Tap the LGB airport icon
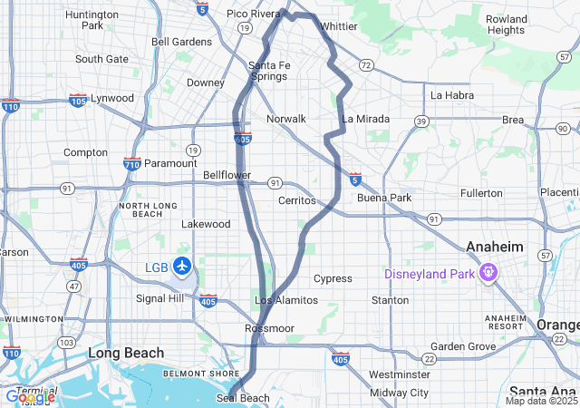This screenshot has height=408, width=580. coord(183,267)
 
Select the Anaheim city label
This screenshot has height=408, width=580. coord(495,247)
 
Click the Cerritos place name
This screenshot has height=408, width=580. coord(296,199)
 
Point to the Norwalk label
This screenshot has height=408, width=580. coord(286,119)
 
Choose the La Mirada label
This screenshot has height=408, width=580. coord(366,119)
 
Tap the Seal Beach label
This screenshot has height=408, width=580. coord(243,398)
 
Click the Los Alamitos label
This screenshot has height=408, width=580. coord(286,300)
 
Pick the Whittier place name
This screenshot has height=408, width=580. coord(339,26)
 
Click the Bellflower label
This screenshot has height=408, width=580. coord(227,174)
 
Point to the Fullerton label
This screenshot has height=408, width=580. coord(481,193)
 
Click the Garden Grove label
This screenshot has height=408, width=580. coord(463,346)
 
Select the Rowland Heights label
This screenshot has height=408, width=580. coord(506,24)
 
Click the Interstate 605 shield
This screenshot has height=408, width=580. coord(242,138)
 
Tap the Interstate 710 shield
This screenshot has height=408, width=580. coord(131,164)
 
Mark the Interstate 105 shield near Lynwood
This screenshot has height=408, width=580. coord(78,99)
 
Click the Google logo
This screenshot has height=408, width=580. coord(30,396)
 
